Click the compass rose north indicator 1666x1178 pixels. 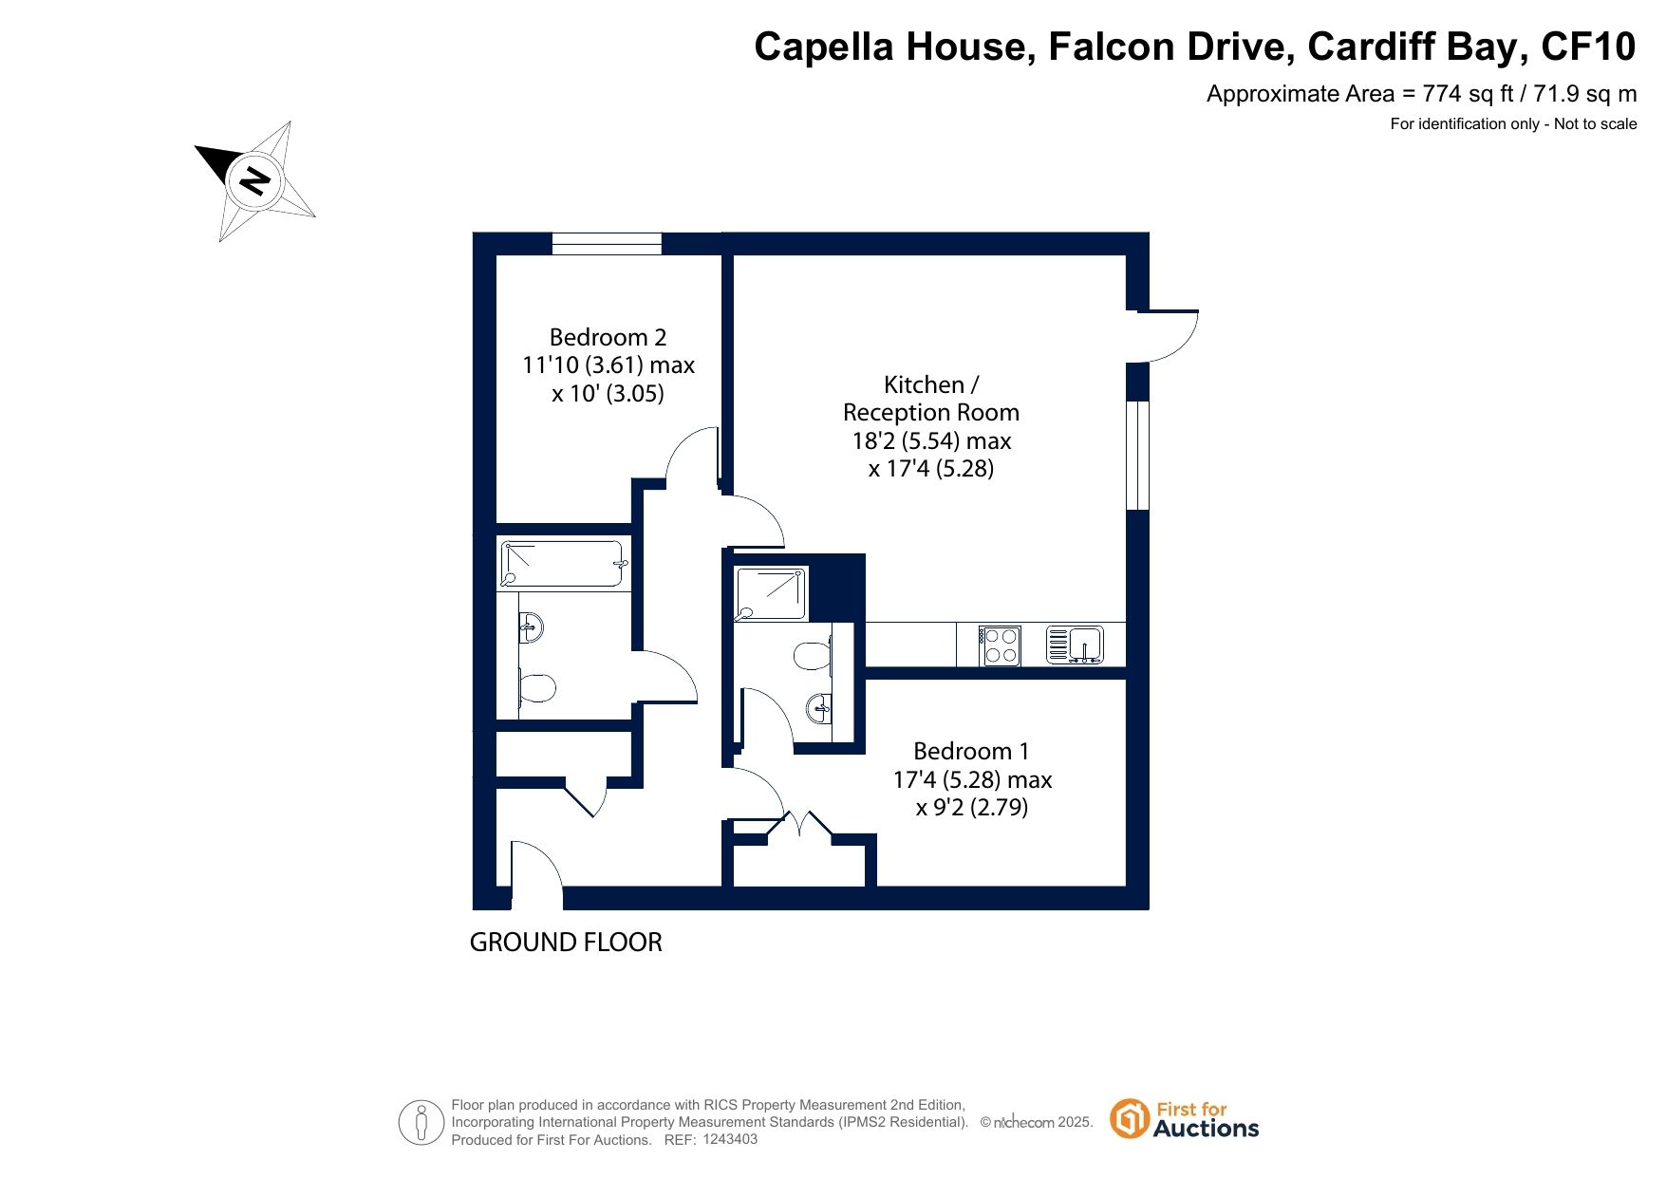point(254,179)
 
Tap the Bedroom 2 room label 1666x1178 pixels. point(608,365)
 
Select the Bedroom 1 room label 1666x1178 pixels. point(972,779)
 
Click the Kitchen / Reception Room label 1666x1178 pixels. point(931,426)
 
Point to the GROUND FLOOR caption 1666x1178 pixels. point(566,943)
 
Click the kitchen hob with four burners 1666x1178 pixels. point(1001,645)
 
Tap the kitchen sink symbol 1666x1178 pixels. point(1075,645)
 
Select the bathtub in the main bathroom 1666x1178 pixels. point(563,565)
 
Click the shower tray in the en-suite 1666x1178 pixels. point(771,593)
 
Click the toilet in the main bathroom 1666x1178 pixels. point(536,687)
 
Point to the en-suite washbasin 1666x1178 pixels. point(819,706)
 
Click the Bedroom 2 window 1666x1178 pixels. point(607,244)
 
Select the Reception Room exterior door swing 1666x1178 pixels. point(1169,336)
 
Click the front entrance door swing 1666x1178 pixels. point(536,866)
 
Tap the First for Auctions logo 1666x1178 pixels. point(1185,1119)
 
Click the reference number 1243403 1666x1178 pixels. point(730,1139)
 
